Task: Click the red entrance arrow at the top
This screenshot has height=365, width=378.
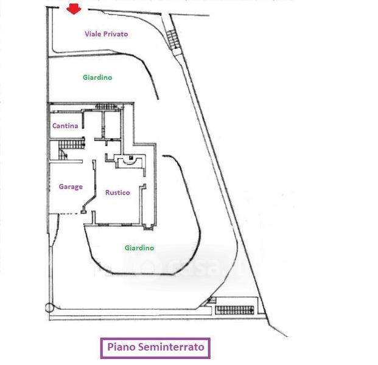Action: point(74,9)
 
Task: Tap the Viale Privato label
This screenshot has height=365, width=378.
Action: point(106,34)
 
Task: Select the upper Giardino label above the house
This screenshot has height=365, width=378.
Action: point(97,77)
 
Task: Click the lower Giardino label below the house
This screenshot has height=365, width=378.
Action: point(139,248)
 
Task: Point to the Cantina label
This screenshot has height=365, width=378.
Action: point(65,126)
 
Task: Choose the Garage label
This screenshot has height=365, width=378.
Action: point(71,187)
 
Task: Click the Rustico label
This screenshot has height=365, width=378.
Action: point(117,192)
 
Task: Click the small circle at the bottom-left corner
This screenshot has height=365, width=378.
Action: point(49,308)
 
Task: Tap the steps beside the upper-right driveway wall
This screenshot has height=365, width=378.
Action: point(174,40)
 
